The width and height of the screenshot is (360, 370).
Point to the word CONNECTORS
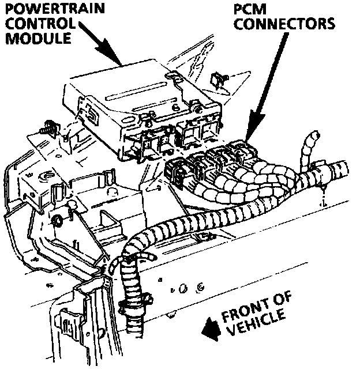[284, 25]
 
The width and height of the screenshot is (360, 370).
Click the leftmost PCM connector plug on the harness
[176, 171]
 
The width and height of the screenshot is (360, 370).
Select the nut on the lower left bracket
[58, 220]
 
